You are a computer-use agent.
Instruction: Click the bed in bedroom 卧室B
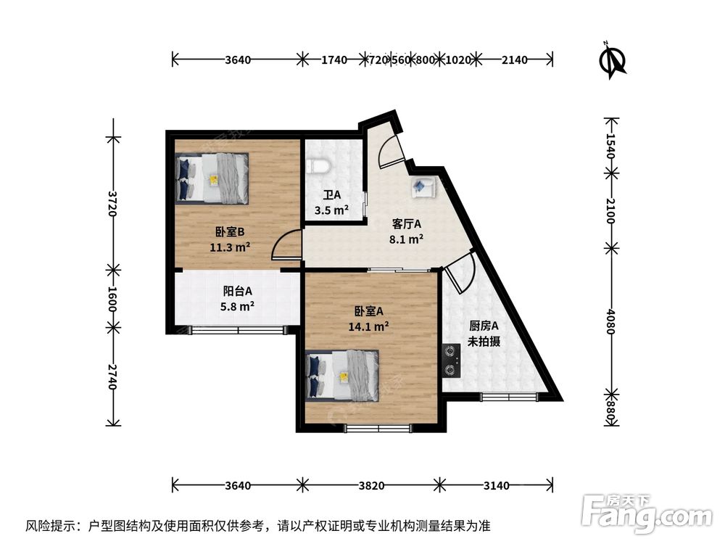[x=212, y=178]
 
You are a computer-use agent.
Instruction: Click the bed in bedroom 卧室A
[x=344, y=375]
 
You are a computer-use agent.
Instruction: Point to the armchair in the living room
[x=422, y=187]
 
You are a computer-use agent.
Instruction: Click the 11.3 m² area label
[x=230, y=247]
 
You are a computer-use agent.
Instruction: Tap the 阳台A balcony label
[x=237, y=291]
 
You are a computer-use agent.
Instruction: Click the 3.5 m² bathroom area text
[x=331, y=210]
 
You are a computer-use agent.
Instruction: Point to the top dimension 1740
[x=333, y=60]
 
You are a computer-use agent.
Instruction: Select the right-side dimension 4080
[x=610, y=320]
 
